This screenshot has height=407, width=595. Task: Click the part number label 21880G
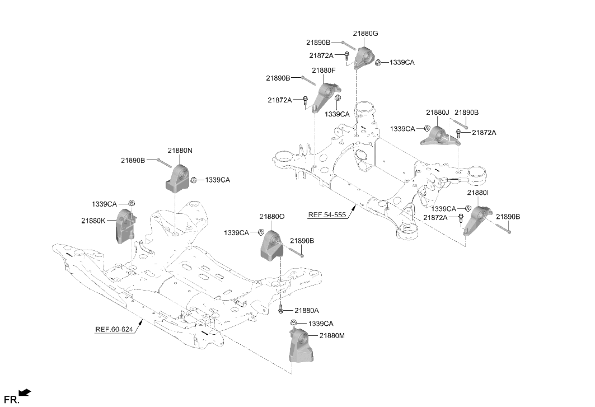tap(366, 34)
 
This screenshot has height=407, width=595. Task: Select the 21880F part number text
tap(324, 70)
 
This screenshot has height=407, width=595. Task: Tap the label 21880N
tap(180, 151)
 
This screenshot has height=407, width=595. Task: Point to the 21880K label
tap(93, 220)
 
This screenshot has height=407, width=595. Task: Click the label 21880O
tap(272, 217)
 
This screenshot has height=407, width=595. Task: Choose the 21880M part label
tap(332, 336)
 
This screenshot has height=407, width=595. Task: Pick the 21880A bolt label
tap(307, 311)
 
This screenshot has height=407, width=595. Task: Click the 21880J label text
tap(437, 113)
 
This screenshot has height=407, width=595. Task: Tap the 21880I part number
tap(478, 193)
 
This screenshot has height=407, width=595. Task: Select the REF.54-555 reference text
tap(327, 215)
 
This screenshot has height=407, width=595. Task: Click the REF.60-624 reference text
tap(114, 329)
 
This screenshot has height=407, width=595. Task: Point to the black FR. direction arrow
tap(25, 393)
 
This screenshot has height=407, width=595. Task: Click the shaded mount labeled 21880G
tap(365, 58)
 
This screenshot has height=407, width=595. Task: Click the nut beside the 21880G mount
tap(378, 63)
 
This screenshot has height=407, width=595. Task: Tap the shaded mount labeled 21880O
tap(271, 246)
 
